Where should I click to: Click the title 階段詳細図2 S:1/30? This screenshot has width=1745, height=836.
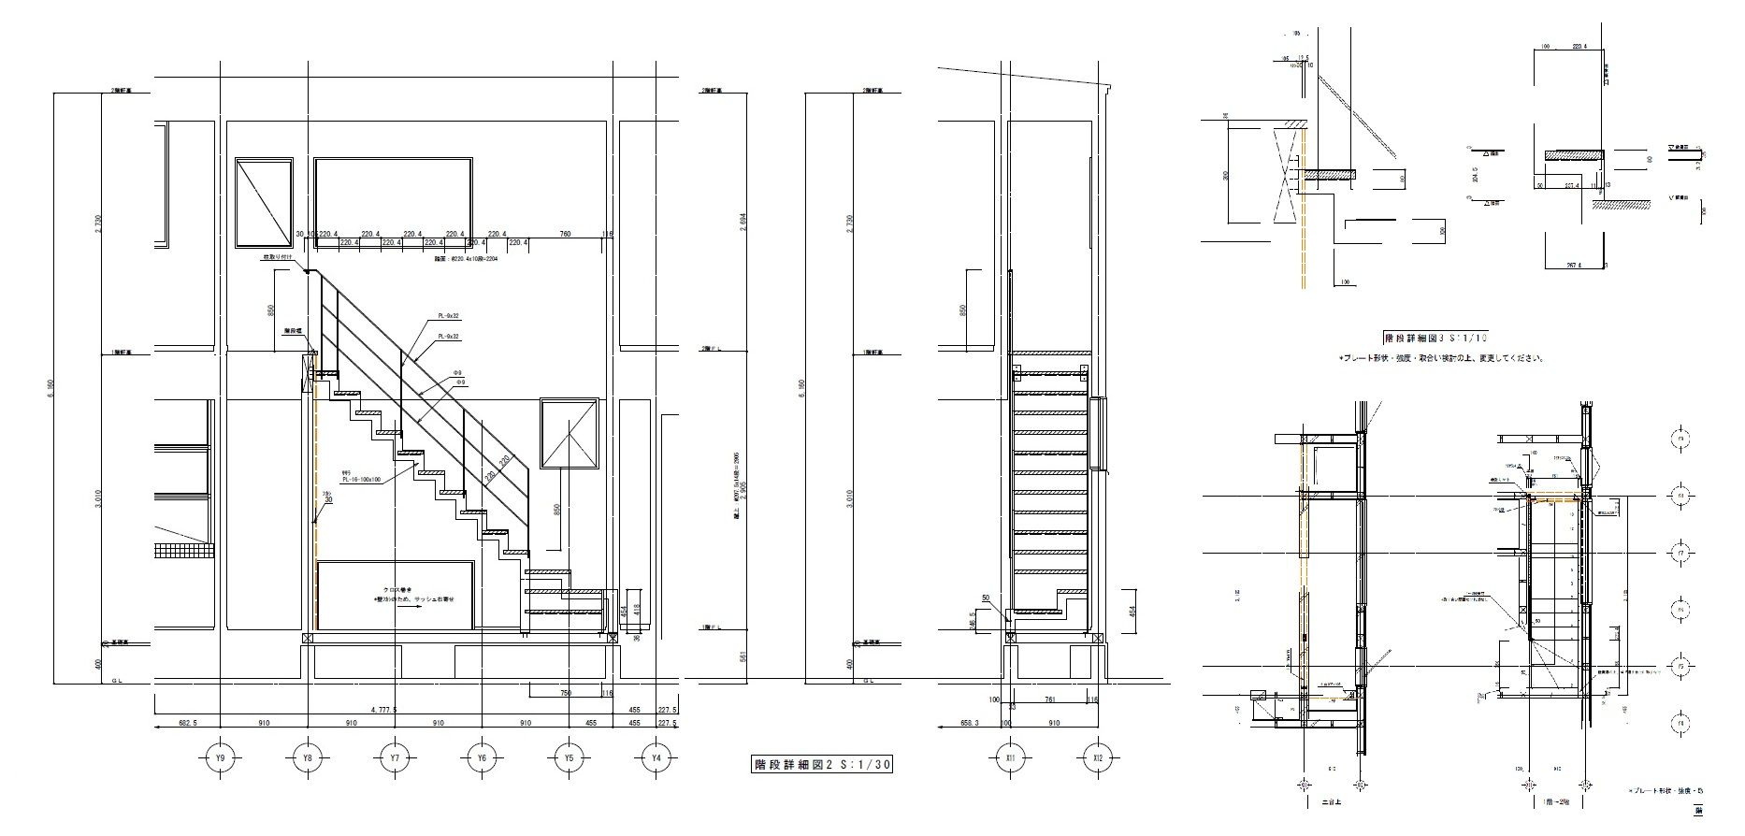tap(810, 764)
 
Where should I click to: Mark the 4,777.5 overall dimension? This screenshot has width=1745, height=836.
tap(382, 710)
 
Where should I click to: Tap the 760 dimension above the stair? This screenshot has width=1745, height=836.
tap(565, 234)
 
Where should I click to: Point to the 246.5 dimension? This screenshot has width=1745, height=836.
tap(999, 620)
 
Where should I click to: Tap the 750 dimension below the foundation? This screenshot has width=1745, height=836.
tap(566, 693)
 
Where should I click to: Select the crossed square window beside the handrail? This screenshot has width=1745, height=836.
tap(569, 432)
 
